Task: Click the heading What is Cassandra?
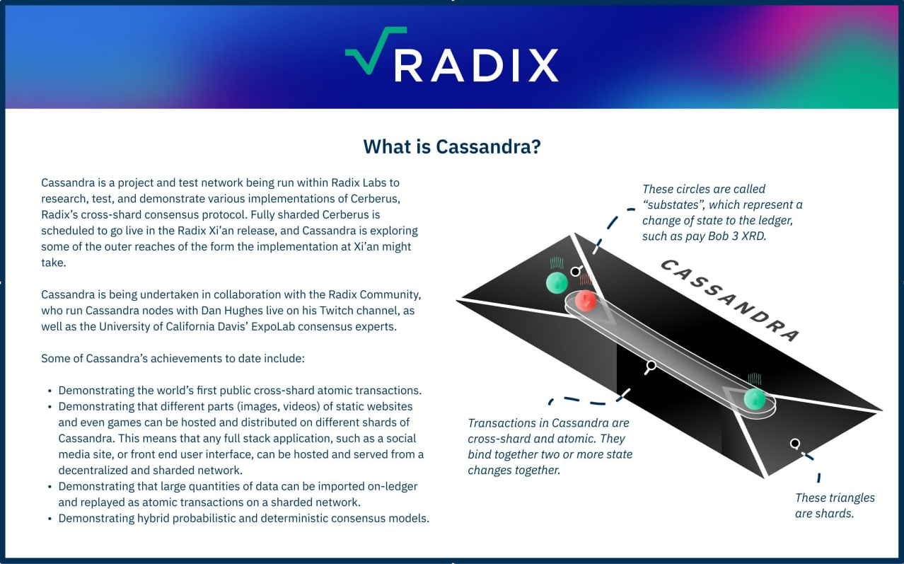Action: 452,146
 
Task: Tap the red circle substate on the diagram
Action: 585,300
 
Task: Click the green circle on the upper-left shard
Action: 557,282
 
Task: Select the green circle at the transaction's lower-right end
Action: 755,399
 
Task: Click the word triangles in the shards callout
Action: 852,498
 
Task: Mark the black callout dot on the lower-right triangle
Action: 795,444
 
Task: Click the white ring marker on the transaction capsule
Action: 651,366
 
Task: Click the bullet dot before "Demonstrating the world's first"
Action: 50,391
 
